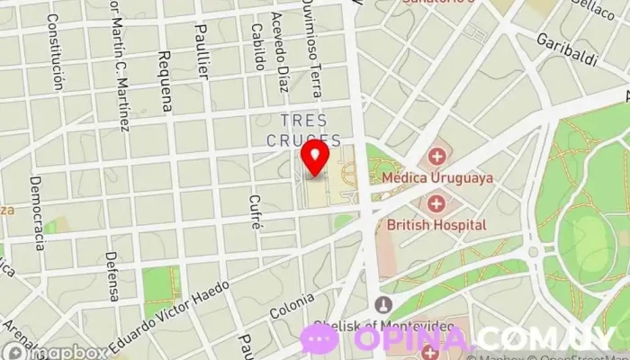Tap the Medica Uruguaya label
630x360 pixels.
pyautogui.click(x=437, y=178)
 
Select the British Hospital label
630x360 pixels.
pyautogui.click(x=436, y=225)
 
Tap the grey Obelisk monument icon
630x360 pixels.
pyautogui.click(x=384, y=304)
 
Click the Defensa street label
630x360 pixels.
pyautogui.click(x=112, y=275)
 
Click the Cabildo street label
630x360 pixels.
pyautogui.click(x=257, y=46)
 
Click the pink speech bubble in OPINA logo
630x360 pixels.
pyautogui.click(x=319, y=338)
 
